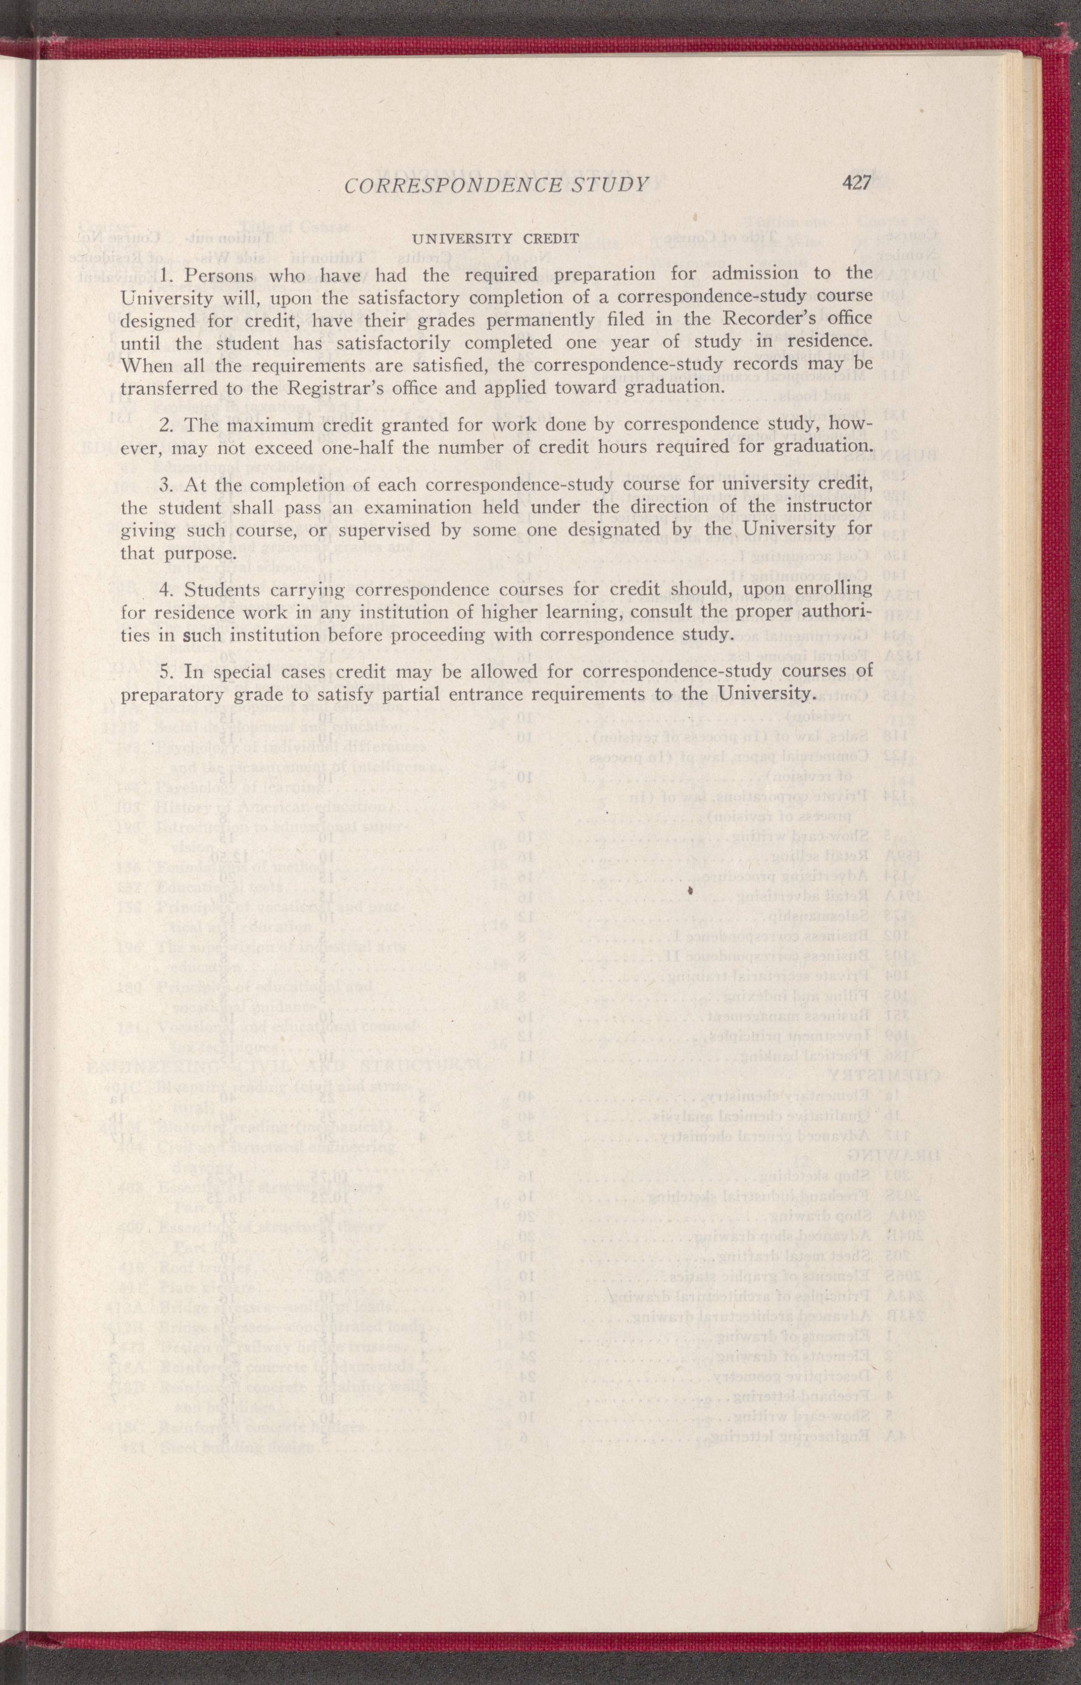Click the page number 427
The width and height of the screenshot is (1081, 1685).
(x=856, y=183)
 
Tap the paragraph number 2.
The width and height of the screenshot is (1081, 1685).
(x=165, y=425)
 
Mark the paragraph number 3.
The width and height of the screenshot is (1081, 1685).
(x=165, y=485)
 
